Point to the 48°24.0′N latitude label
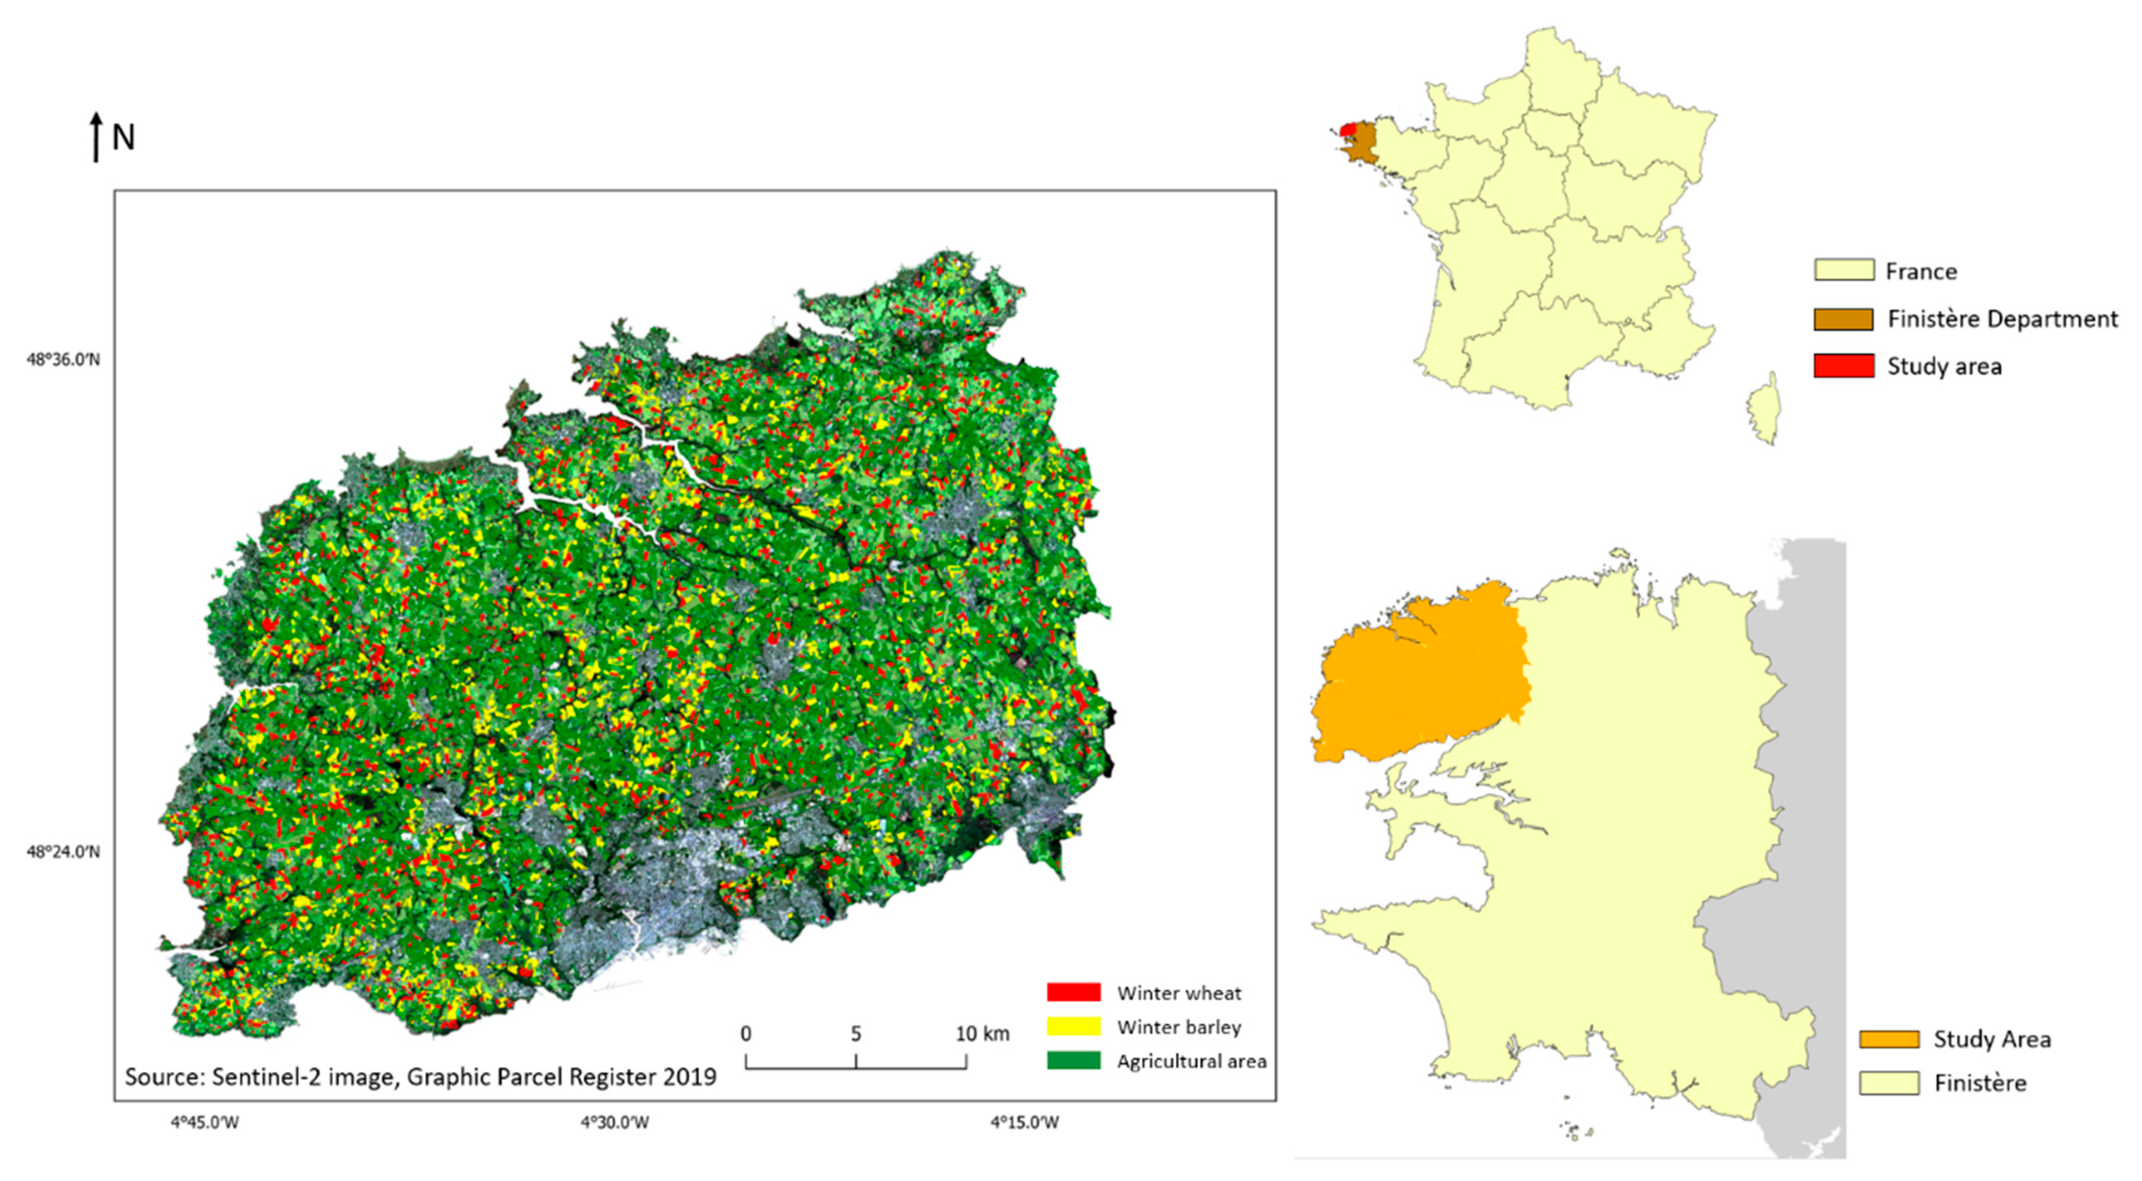pos(63,852)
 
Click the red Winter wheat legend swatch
pos(1073,992)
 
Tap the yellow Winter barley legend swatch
pos(1073,1026)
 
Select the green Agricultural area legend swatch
pos(1073,1061)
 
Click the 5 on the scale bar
pos(856,1034)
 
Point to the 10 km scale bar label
pos(982,1034)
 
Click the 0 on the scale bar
pos(746,1034)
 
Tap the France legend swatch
pos(1844,270)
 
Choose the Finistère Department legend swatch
pos(1844,318)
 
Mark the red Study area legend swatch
pos(1844,366)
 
